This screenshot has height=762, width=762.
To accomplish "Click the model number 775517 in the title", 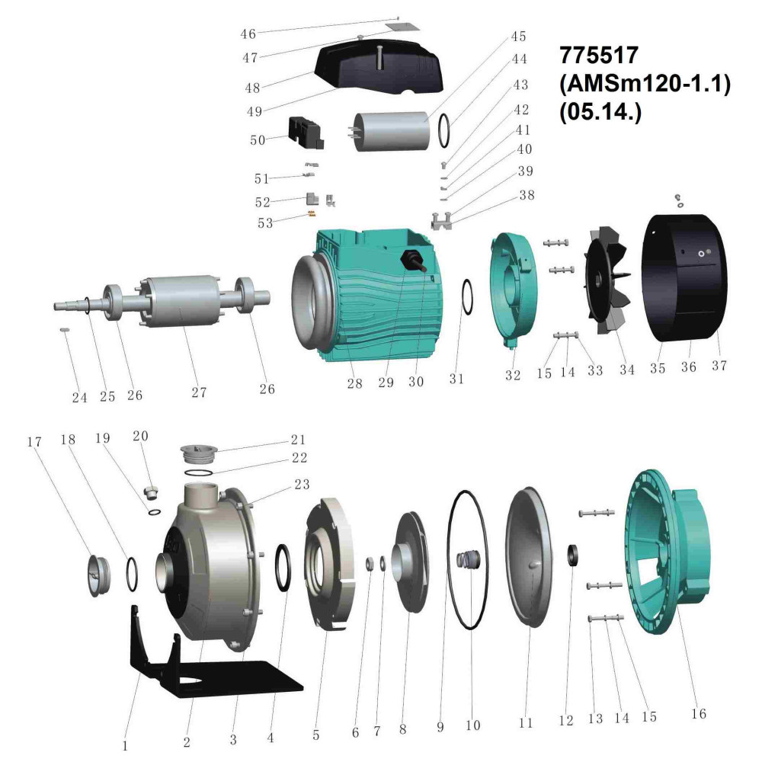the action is pyautogui.click(x=599, y=56).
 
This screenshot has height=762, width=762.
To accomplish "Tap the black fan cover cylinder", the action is pyautogui.click(x=684, y=278).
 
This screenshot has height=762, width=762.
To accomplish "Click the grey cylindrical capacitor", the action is pyautogui.click(x=392, y=132).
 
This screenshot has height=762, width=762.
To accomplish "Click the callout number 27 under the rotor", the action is pyautogui.click(x=199, y=392).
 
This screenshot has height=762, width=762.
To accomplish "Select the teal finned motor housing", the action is pyautogui.click(x=368, y=296).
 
